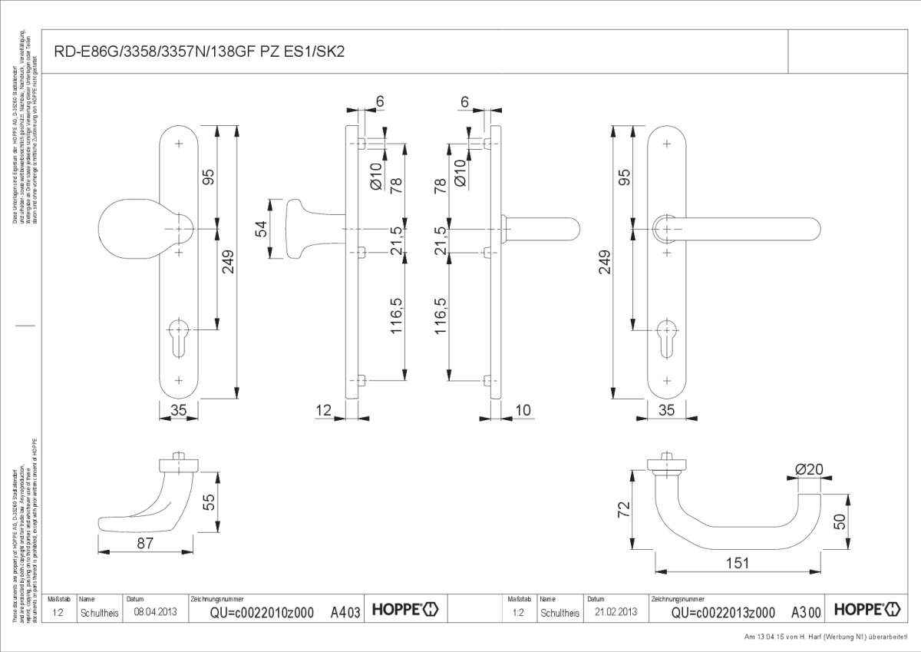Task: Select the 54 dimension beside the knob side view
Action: tap(261, 229)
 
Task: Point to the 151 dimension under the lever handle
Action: tap(737, 563)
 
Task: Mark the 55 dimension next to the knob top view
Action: tap(207, 502)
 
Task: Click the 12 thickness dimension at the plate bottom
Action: tap(323, 411)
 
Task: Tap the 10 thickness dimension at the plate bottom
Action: tap(523, 411)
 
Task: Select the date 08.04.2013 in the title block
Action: tap(155, 613)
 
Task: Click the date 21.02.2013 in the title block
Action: tap(616, 613)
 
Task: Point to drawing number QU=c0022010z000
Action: tap(262, 613)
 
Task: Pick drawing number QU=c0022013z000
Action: tap(723, 613)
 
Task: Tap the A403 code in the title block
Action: tap(345, 613)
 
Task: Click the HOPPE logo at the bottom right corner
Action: tap(868, 611)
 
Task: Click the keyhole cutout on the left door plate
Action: tap(179, 336)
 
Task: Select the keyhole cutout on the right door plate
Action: tap(665, 336)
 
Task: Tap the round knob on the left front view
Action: tap(134, 229)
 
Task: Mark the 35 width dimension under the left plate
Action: tap(178, 411)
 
